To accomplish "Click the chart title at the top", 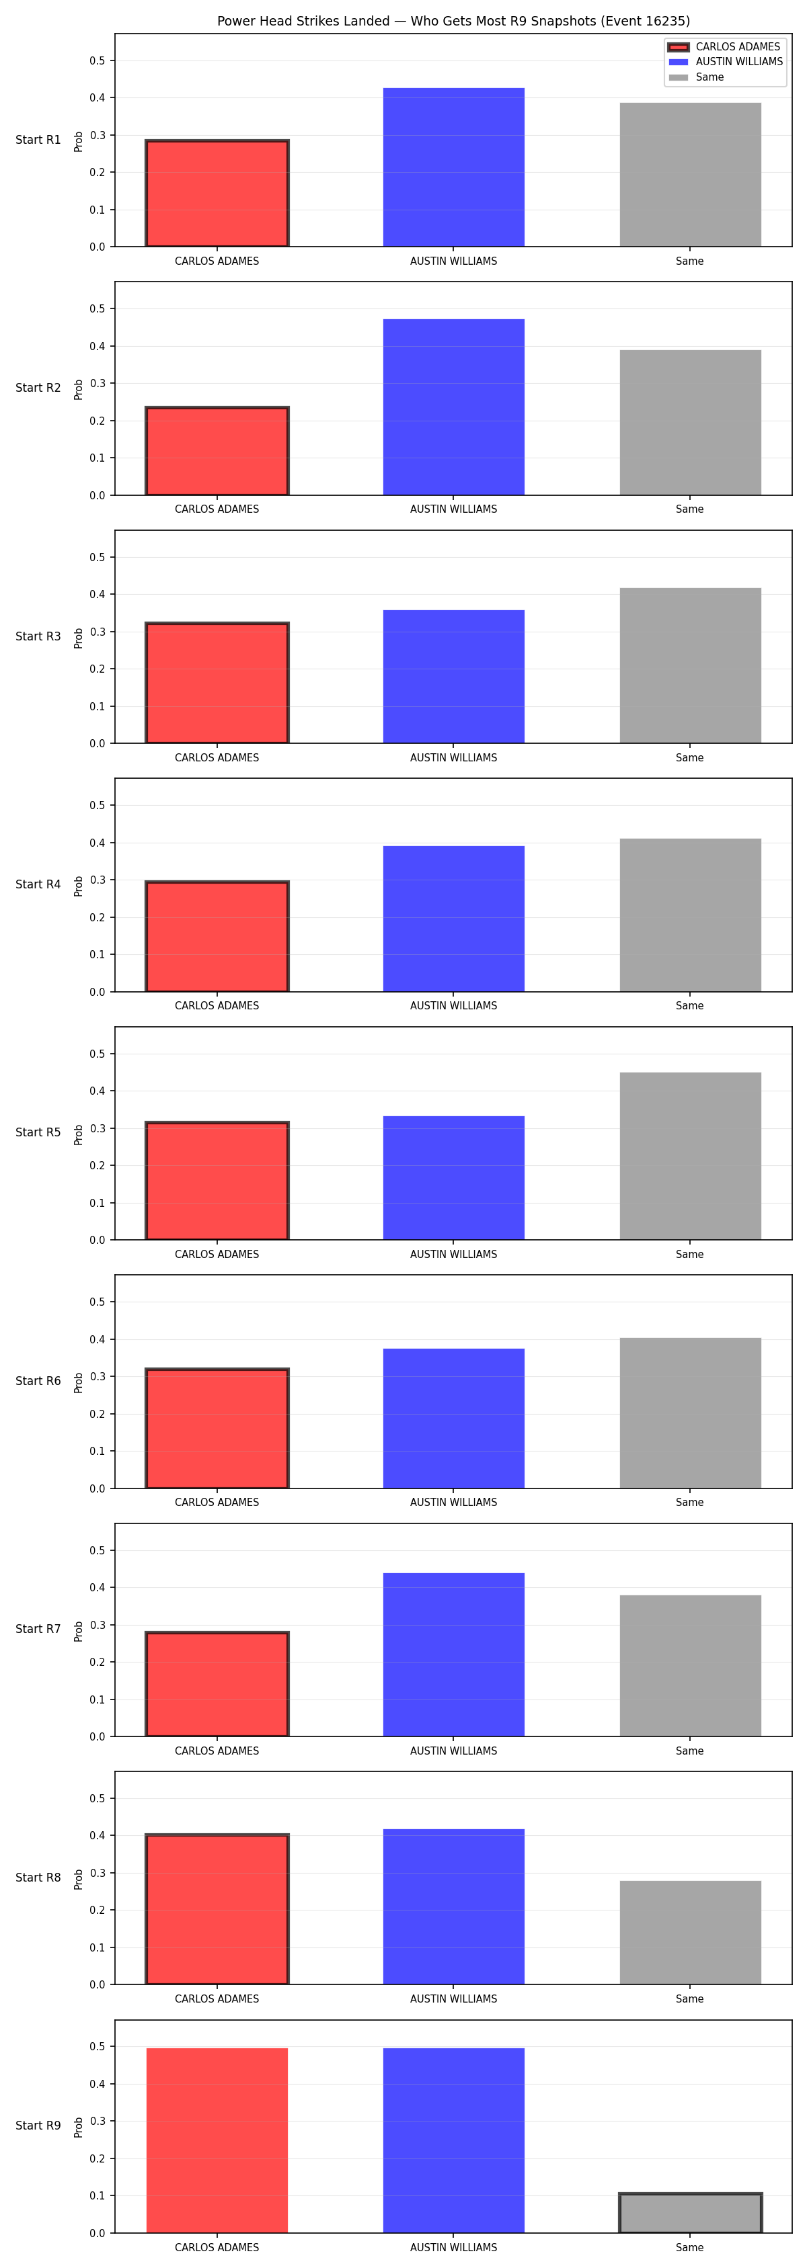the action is click(x=454, y=21).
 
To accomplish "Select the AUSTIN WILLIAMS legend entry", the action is click(x=726, y=62).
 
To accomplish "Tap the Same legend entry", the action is click(x=697, y=77).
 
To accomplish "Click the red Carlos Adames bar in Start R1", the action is click(x=217, y=193).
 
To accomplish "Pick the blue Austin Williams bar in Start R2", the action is click(x=454, y=407).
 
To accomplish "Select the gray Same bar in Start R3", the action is click(x=690, y=665).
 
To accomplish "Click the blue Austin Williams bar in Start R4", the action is click(x=454, y=919).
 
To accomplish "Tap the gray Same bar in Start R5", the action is click(x=690, y=1156).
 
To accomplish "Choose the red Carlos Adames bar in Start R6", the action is click(x=217, y=1428).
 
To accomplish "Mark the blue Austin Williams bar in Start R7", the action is click(x=454, y=1654).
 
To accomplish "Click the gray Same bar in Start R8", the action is click(x=690, y=1933).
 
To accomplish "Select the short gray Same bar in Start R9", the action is click(x=690, y=2212).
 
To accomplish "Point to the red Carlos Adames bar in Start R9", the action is click(x=217, y=2140).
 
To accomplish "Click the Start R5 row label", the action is click(x=38, y=1132).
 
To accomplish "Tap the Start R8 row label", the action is click(x=38, y=1877).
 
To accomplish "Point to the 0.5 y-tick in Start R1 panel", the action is click(x=97, y=60).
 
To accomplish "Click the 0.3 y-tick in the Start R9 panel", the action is click(x=97, y=2121).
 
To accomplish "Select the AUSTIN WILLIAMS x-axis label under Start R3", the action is click(x=454, y=757).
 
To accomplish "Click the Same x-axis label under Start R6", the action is click(x=690, y=1502).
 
